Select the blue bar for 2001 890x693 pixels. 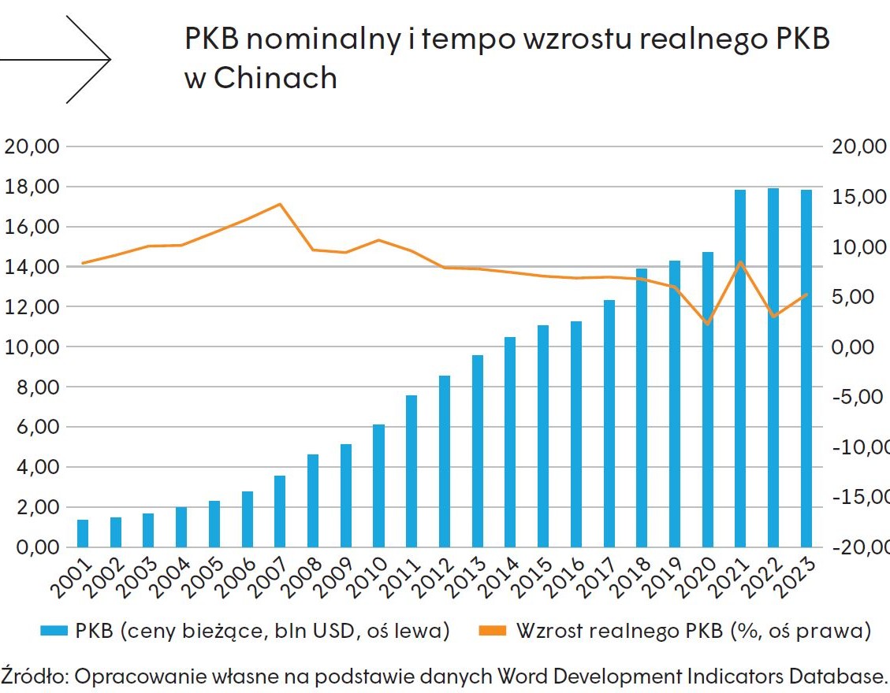tap(83, 533)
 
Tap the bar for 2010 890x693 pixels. tap(378, 485)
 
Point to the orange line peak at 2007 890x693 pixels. tap(280, 204)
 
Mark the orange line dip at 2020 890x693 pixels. tap(708, 324)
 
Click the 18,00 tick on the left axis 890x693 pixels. tap(32, 187)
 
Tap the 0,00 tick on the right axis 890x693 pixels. tap(854, 346)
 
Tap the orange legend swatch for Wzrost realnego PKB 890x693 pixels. tap(493, 630)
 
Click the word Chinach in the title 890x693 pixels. tap(275, 77)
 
